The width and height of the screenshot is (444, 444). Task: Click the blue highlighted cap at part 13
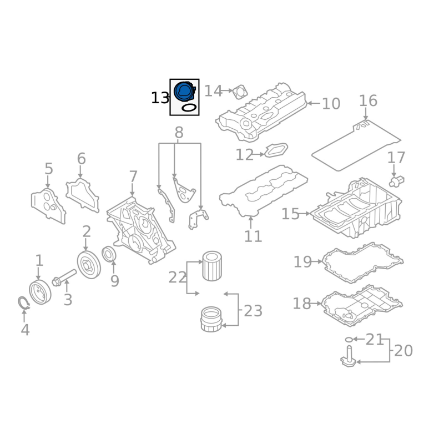pos(185,91)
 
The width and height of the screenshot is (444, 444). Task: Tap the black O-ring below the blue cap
pos(189,108)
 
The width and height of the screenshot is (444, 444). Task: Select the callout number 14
pos(213,91)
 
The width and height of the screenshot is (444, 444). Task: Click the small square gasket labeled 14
pos(240,92)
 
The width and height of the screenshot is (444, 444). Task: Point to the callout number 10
pos(331,104)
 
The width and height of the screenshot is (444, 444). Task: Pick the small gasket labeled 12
pos(276,150)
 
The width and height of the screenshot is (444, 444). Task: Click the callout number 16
pos(368,101)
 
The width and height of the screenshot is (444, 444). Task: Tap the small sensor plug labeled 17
pos(396,181)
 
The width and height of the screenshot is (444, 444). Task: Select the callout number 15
pos(290,214)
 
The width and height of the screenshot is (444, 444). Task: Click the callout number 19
pos(302,262)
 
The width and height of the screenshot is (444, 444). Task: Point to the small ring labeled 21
pos(349,339)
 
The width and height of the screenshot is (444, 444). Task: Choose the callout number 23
pos(253,311)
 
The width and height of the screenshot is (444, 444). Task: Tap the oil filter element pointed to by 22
pos(212,266)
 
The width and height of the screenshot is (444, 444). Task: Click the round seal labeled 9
pos(109,254)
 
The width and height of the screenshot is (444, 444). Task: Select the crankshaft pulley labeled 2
pos(89,265)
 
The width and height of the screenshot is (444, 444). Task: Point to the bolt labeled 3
pos(64,278)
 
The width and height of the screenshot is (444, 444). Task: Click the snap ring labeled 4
pos(23,303)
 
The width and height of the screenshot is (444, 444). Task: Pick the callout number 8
pos(179,133)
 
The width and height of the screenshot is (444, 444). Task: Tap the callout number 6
pos(81,159)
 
